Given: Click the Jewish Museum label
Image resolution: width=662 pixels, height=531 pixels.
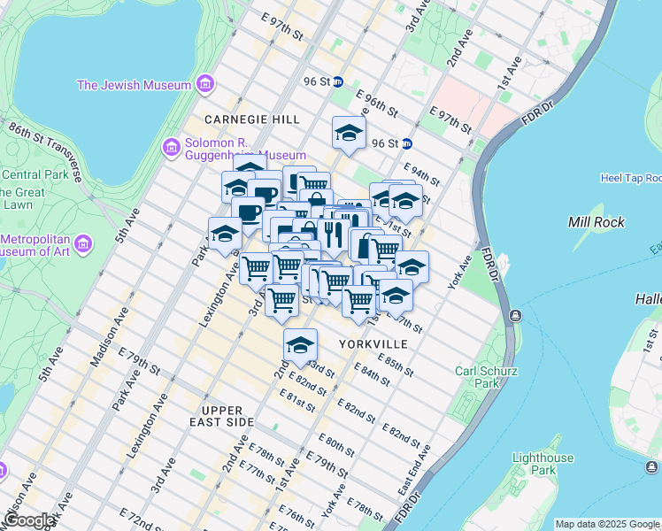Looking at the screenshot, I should (134, 85).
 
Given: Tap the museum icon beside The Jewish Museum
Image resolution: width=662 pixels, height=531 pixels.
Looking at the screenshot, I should (205, 85).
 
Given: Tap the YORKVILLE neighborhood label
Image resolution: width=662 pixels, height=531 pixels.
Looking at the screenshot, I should (373, 342).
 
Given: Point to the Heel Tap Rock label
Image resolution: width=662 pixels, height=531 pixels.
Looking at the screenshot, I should (630, 178).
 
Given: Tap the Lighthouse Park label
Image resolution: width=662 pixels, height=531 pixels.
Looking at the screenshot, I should (542, 465).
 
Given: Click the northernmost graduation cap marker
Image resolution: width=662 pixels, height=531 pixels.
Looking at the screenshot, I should (349, 134).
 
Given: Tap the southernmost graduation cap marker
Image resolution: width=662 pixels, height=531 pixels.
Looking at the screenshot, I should (300, 344).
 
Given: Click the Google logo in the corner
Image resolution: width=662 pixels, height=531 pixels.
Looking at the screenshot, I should (28, 520).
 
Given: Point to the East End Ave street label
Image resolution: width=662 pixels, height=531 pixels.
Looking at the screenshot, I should (415, 468).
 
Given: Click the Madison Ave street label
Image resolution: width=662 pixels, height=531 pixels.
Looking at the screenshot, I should (109, 337).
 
